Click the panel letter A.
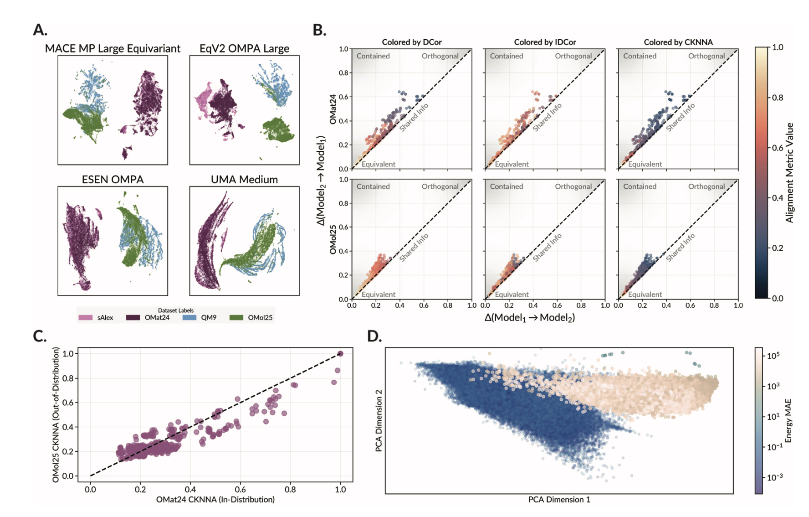[x=40, y=30]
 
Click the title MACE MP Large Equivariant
[x=113, y=48]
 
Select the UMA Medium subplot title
[x=244, y=180]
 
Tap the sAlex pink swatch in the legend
[x=86, y=317]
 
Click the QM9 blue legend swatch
[x=189, y=317]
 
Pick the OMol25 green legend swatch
[x=236, y=317]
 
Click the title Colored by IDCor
[x=545, y=42]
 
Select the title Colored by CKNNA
[x=678, y=42]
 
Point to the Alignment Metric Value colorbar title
[x=789, y=172]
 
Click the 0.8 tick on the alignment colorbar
[x=778, y=98]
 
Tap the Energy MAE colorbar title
[x=789, y=420]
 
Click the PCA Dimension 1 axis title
[x=559, y=500]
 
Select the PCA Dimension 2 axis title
[x=379, y=420]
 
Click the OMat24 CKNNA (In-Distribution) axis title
[x=215, y=500]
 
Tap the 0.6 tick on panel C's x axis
[x=240, y=490]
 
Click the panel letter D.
[x=374, y=336]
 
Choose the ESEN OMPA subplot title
[x=113, y=180]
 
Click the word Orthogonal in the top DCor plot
[x=440, y=56]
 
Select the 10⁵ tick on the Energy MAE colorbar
[x=773, y=356]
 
